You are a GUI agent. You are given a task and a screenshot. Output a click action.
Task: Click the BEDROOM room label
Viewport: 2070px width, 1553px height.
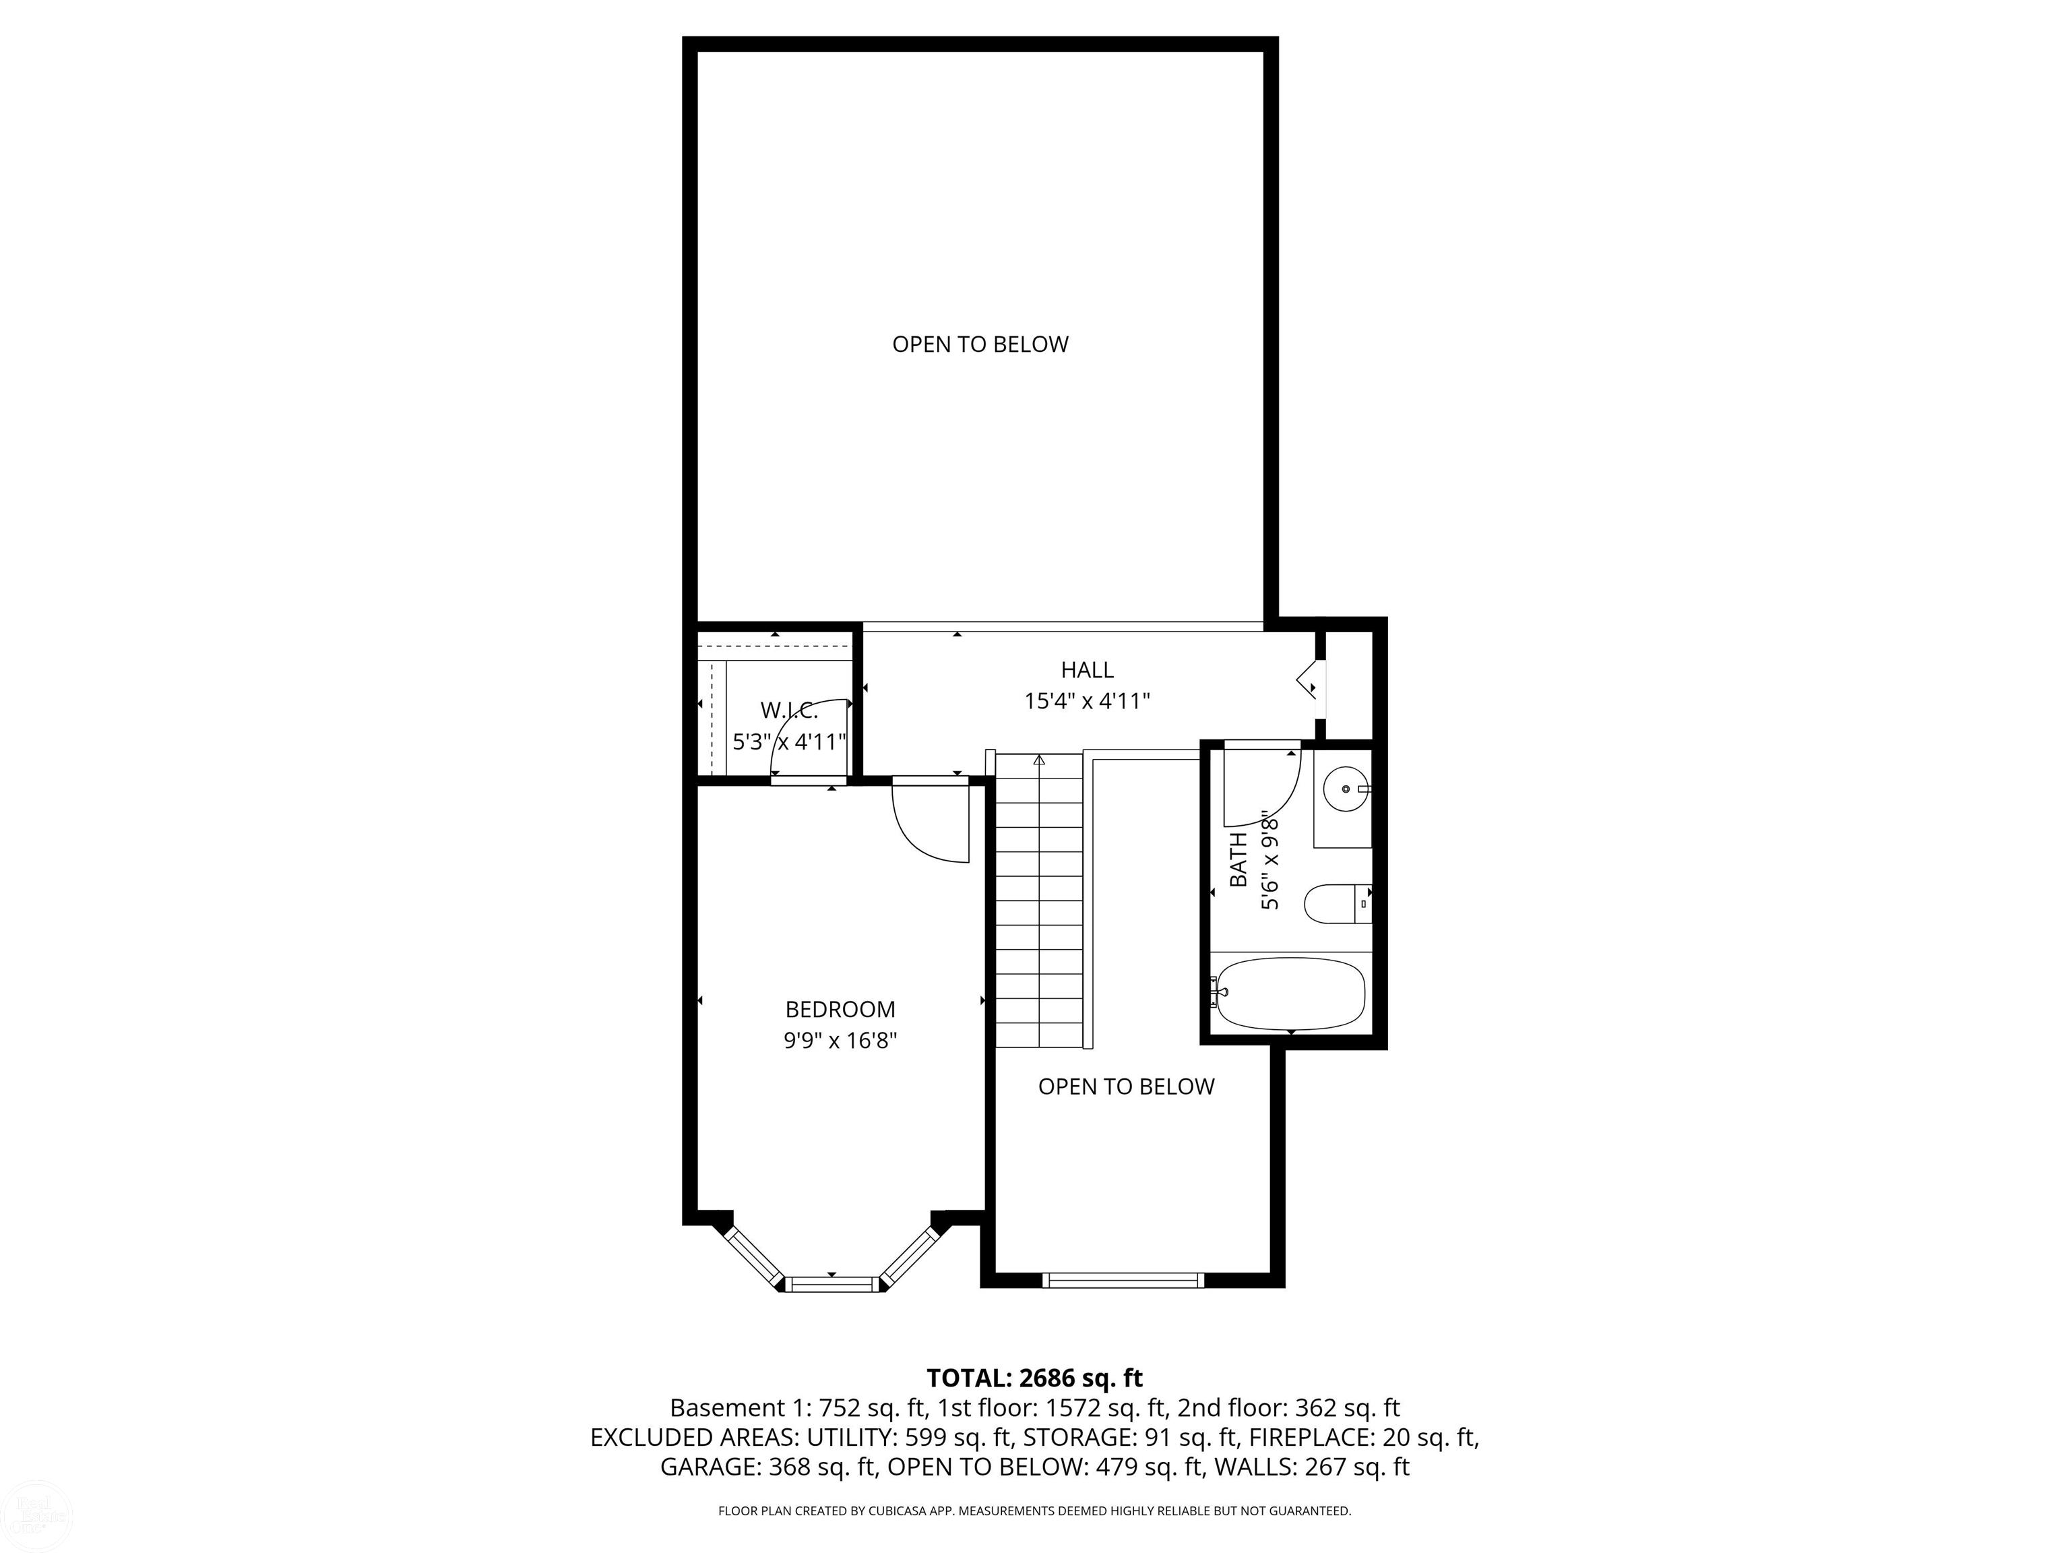click(840, 1009)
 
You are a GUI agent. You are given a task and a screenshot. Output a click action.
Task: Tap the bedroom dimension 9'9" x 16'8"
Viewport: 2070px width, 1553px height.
click(840, 1040)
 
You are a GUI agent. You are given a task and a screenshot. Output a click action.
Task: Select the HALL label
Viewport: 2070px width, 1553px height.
click(1086, 669)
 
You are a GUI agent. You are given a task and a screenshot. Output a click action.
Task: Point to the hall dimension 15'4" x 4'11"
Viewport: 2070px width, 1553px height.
click(1086, 701)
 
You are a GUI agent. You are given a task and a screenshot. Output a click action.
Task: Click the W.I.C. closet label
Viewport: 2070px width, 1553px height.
click(789, 710)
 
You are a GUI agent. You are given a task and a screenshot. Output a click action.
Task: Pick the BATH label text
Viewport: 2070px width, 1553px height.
click(1238, 859)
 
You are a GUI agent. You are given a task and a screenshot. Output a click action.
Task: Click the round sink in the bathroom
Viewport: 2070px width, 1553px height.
click(1346, 790)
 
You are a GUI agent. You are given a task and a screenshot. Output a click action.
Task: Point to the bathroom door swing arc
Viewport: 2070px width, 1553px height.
click(1268, 795)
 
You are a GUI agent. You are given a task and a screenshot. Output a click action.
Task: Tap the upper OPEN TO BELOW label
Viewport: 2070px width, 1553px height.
click(980, 344)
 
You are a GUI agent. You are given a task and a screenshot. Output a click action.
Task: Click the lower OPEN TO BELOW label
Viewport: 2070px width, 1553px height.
click(1126, 1086)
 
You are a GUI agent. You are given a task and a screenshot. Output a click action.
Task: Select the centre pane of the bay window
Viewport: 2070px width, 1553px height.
click(832, 1283)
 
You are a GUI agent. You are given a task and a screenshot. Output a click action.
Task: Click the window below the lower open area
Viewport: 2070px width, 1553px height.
click(1123, 1279)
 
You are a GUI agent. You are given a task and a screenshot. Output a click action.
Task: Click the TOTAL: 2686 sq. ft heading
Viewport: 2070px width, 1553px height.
click(1034, 1378)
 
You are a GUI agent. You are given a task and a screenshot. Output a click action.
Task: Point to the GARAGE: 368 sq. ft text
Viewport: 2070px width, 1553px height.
click(767, 1467)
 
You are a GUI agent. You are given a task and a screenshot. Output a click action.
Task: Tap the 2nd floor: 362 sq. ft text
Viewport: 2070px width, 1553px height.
click(1288, 1408)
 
